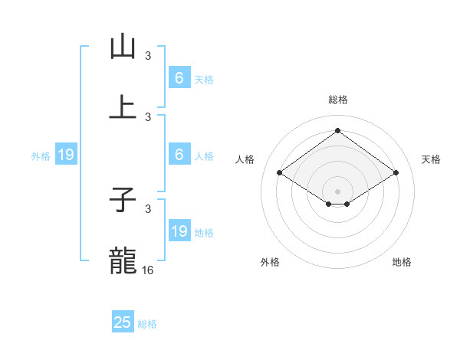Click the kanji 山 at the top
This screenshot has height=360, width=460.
pyautogui.click(x=122, y=47)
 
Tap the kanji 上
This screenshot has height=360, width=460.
pyautogui.click(x=122, y=106)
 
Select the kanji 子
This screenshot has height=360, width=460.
pyautogui.click(x=122, y=201)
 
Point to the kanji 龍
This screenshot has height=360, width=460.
pyautogui.click(x=122, y=260)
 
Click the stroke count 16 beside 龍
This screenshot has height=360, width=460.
pyautogui.click(x=149, y=270)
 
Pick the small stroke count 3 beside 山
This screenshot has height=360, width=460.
pyautogui.click(x=148, y=56)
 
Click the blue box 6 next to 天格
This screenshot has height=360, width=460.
pyautogui.click(x=179, y=78)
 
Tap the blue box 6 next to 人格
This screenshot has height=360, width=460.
pyautogui.click(x=179, y=155)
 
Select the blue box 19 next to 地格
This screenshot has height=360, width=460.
pyautogui.click(x=179, y=231)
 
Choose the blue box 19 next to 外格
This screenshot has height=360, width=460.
pyautogui.click(x=66, y=155)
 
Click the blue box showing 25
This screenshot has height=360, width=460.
pyautogui.click(x=123, y=322)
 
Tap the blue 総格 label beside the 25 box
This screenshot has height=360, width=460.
pyautogui.click(x=147, y=324)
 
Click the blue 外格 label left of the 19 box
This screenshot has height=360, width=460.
pyautogui.click(x=41, y=156)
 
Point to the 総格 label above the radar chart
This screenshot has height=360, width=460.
pyautogui.click(x=338, y=100)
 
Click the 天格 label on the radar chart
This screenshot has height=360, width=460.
pyautogui.click(x=431, y=159)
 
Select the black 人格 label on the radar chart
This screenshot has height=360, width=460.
pyautogui.click(x=245, y=159)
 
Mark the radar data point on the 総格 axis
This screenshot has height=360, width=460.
pyautogui.click(x=337, y=130)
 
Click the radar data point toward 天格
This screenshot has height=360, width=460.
pyautogui.click(x=396, y=173)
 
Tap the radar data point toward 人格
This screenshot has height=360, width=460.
pyautogui.click(x=280, y=173)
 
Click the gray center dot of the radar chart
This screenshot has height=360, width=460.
pyautogui.click(x=337, y=191)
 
